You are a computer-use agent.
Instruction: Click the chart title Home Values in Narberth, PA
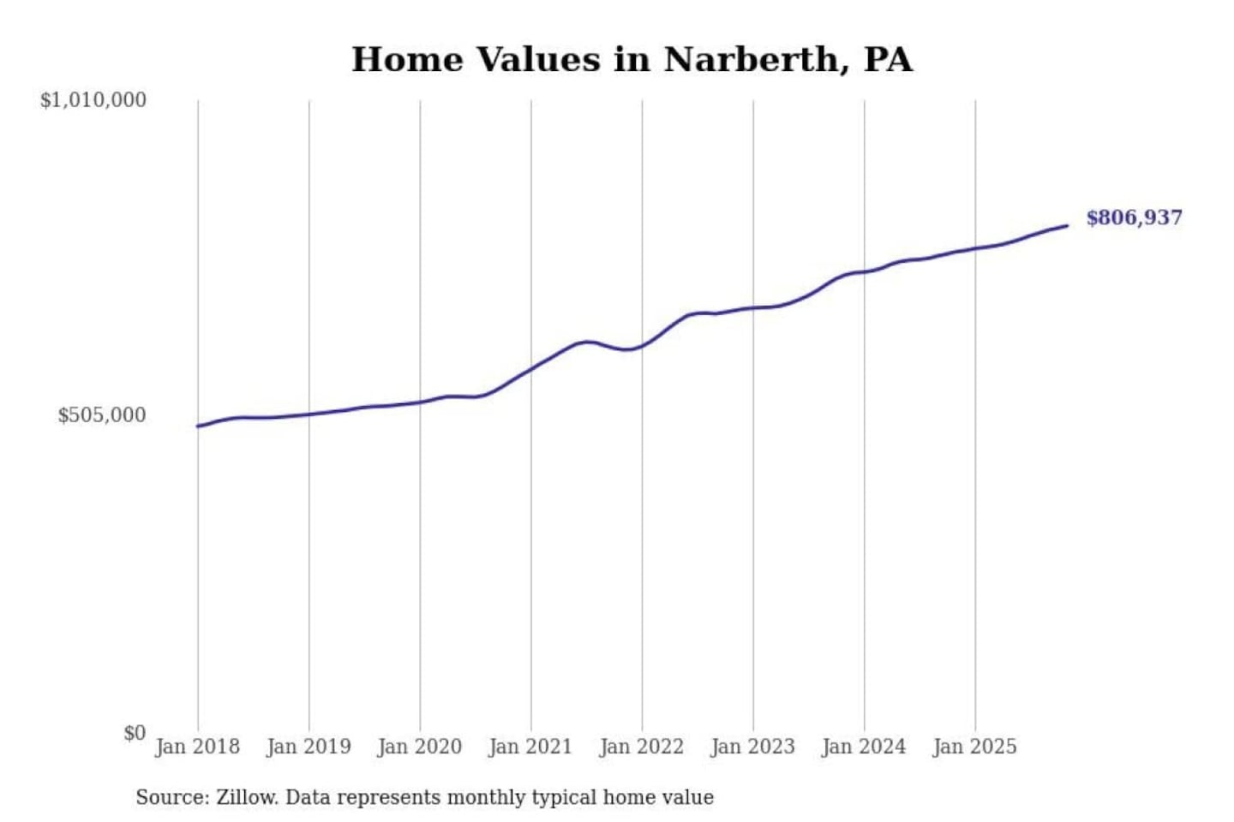pyautogui.click(x=632, y=60)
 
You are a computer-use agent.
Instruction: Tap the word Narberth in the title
pyautogui.click(x=750, y=60)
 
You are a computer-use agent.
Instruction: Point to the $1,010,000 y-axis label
pyautogui.click(x=93, y=100)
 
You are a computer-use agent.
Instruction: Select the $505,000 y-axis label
pyautogui.click(x=101, y=415)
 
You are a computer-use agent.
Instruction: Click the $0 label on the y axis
pyautogui.click(x=134, y=733)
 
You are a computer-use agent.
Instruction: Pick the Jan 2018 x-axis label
pyautogui.click(x=197, y=747)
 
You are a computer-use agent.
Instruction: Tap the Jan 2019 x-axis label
pyautogui.click(x=308, y=747)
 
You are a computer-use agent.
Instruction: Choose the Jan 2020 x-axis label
pyautogui.click(x=419, y=747)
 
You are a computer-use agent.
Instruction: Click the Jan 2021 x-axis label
pyautogui.click(x=530, y=747)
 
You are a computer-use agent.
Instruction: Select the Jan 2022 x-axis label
pyautogui.click(x=641, y=747)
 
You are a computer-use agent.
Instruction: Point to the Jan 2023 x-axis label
pyautogui.click(x=752, y=747)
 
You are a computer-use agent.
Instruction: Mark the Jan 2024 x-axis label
pyautogui.click(x=863, y=747)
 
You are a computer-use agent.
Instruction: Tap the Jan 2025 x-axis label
pyautogui.click(x=974, y=747)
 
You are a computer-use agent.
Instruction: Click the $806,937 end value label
pyautogui.click(x=1134, y=217)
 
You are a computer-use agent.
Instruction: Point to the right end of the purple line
pyautogui.click(x=1067, y=226)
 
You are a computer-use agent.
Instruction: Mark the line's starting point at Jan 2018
pyautogui.click(x=199, y=426)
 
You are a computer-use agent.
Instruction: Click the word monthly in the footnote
pyautogui.click(x=486, y=798)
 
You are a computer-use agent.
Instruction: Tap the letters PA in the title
pyautogui.click(x=888, y=60)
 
